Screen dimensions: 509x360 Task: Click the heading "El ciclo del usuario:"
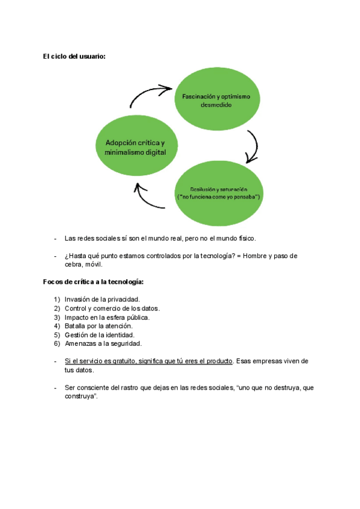click(x=74, y=56)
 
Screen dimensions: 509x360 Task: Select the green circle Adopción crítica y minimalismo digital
click(x=136, y=146)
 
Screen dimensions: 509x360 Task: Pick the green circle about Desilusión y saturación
click(x=218, y=193)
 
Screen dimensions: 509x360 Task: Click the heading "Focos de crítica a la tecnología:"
click(x=93, y=281)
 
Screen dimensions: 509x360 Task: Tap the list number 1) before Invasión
click(x=56, y=299)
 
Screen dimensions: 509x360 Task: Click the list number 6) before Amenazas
click(x=56, y=344)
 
